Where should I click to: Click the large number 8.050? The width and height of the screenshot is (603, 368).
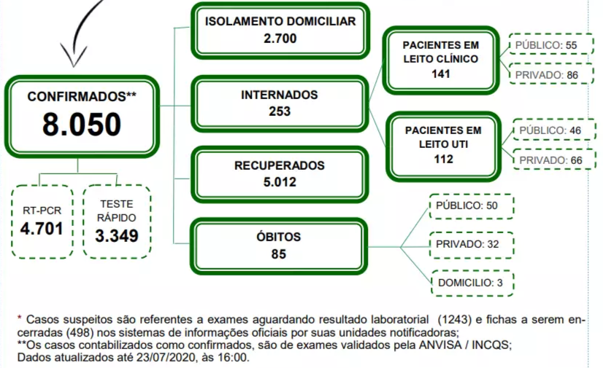pyautogui.click(x=82, y=125)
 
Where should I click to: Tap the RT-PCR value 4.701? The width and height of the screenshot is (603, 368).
pyautogui.click(x=42, y=229)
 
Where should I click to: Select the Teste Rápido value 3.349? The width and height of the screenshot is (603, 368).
pyautogui.click(x=117, y=235)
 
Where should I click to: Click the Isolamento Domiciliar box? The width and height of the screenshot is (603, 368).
pyautogui.click(x=280, y=31)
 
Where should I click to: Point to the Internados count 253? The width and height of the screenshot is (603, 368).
pyautogui.click(x=280, y=111)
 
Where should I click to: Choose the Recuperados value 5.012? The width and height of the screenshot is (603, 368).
pyautogui.click(x=280, y=182)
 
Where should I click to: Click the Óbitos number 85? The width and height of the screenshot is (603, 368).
pyautogui.click(x=278, y=254)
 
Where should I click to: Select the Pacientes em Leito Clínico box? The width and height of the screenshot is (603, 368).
pyautogui.click(x=441, y=60)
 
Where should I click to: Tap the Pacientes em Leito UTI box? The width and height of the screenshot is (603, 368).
pyautogui.click(x=443, y=146)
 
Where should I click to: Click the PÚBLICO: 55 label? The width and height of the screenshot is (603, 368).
pyautogui.click(x=546, y=45)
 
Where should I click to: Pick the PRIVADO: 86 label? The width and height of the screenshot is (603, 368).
pyautogui.click(x=547, y=75)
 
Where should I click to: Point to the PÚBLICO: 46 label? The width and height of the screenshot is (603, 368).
pyautogui.click(x=550, y=130)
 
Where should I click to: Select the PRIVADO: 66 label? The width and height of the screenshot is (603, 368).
pyautogui.click(x=550, y=160)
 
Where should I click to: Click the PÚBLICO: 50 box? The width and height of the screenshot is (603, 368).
pyautogui.click(x=472, y=206)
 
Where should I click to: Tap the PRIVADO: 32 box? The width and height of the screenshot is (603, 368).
pyautogui.click(x=472, y=245)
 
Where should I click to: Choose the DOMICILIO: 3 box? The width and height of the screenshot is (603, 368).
pyautogui.click(x=472, y=283)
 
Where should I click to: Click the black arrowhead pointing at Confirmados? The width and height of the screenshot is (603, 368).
pyautogui.click(x=74, y=56)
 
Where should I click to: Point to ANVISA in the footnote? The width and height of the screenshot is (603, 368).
pyautogui.click(x=440, y=345)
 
